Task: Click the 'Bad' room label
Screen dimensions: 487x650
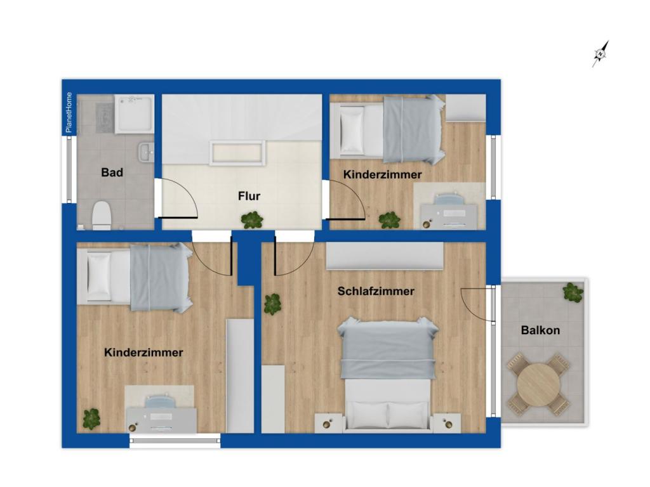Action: (x=112, y=172)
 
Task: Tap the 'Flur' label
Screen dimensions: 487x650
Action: (x=249, y=196)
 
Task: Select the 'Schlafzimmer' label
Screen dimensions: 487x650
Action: (x=376, y=291)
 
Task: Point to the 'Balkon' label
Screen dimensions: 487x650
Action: (x=540, y=330)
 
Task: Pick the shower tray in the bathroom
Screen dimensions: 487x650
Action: (x=134, y=115)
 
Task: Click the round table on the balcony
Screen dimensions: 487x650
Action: (x=538, y=383)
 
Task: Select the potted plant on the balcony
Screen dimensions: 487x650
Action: (x=573, y=292)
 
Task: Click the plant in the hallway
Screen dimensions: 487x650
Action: (x=252, y=220)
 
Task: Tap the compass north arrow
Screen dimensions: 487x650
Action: (x=600, y=54)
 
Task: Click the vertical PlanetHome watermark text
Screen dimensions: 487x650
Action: (x=69, y=113)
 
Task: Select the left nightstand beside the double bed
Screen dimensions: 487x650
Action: (x=329, y=422)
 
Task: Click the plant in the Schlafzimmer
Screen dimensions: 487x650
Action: (x=273, y=304)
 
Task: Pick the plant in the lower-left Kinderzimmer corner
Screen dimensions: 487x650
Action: (x=91, y=419)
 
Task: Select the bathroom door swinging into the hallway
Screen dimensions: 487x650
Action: (x=176, y=200)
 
